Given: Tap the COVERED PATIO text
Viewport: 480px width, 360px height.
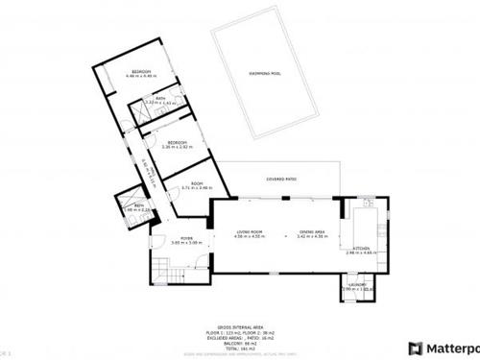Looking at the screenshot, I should [x=280, y=180].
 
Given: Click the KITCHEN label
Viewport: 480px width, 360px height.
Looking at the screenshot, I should [x=361, y=248].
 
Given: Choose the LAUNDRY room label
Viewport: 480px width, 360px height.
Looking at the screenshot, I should [x=357, y=284].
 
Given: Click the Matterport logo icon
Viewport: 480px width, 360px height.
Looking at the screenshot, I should [x=415, y=348].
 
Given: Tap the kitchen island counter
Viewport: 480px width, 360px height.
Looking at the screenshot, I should [x=368, y=228].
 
